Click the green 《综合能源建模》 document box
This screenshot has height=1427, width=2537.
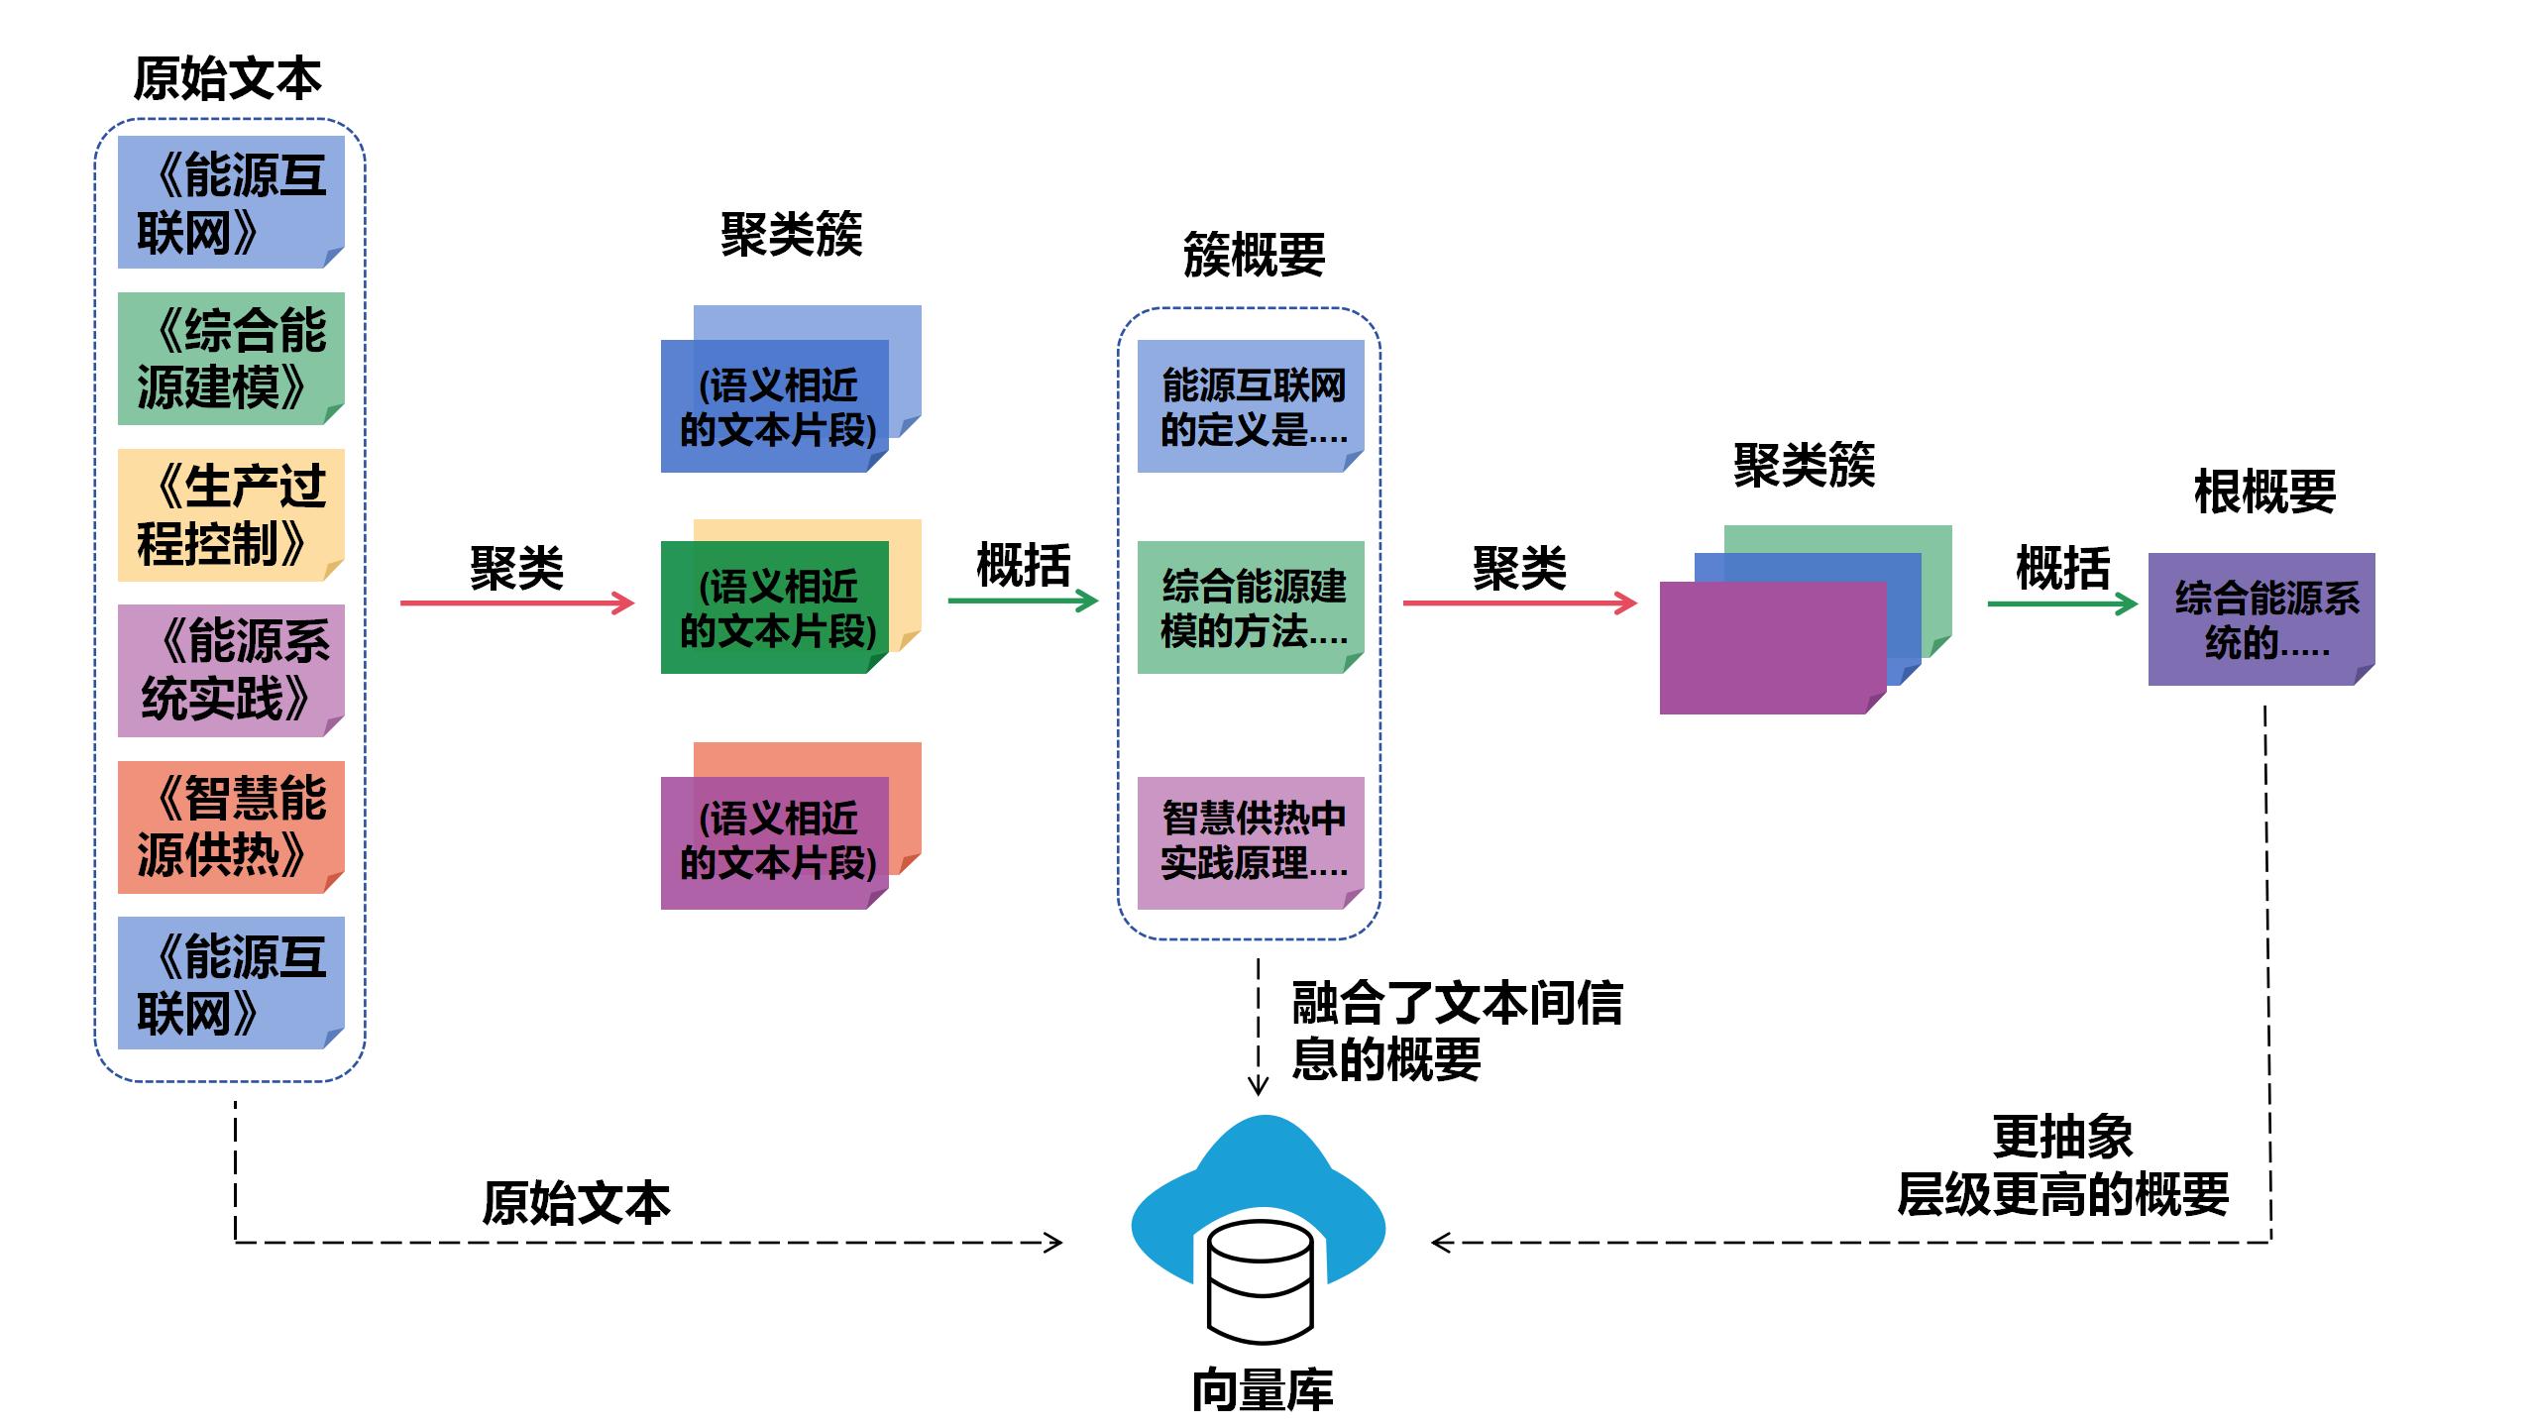pyautogui.click(x=231, y=359)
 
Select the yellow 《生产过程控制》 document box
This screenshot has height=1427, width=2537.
pyautogui.click(x=231, y=515)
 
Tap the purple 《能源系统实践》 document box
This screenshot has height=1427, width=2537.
pyautogui.click(x=231, y=671)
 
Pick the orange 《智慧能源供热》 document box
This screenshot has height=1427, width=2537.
pyautogui.click(x=231, y=827)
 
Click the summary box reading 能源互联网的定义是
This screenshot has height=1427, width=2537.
pyautogui.click(x=1251, y=406)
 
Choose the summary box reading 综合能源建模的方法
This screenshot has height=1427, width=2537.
pyautogui.click(x=1251, y=607)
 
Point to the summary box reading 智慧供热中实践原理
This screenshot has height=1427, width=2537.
pyautogui.click(x=1251, y=842)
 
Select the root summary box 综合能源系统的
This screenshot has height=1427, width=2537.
pyautogui.click(x=2261, y=619)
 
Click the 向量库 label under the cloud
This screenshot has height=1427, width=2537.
pyautogui.click(x=1262, y=1390)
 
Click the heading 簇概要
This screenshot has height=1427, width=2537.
pyautogui.click(x=1254, y=255)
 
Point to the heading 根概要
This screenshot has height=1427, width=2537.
pyautogui.click(x=2264, y=492)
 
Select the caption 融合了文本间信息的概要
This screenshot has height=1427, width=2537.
pyautogui.click(x=1457, y=1031)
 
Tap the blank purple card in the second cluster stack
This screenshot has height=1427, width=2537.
pyautogui.click(x=1772, y=647)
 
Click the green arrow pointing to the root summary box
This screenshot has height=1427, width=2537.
pyautogui.click(x=2061, y=604)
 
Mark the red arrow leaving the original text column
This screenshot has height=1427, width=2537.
pyautogui.click(x=516, y=603)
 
